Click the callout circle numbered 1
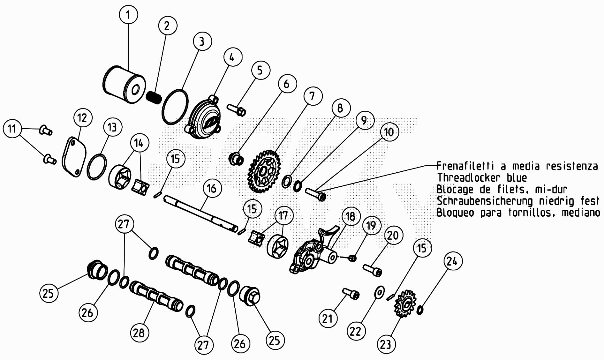tap(128, 14)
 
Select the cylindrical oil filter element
tap(124, 84)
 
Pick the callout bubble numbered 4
tap(233, 58)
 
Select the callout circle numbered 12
tap(83, 118)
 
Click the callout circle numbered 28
tap(139, 332)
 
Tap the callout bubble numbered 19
tap(372, 225)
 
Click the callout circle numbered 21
tap(327, 318)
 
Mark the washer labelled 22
tap(379, 292)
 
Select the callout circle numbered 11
tap(12, 129)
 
